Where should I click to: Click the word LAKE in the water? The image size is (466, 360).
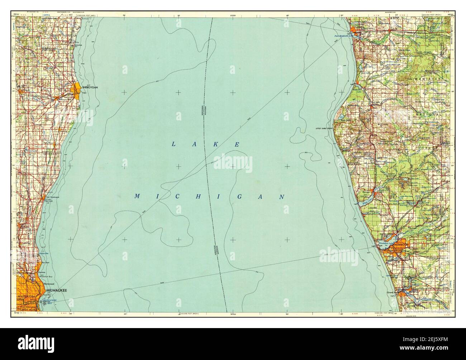click(206, 144)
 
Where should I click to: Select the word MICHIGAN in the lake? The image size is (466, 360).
click(210, 196)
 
